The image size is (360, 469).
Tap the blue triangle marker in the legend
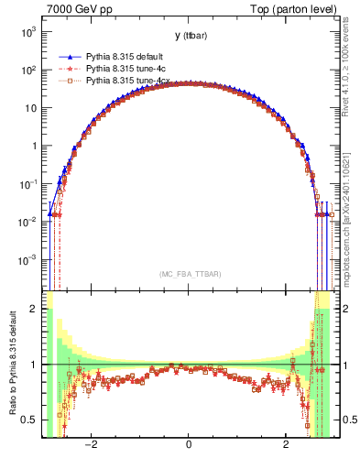point(70,55)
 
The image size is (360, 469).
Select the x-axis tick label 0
point(188,446)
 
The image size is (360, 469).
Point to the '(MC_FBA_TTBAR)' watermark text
point(188,274)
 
